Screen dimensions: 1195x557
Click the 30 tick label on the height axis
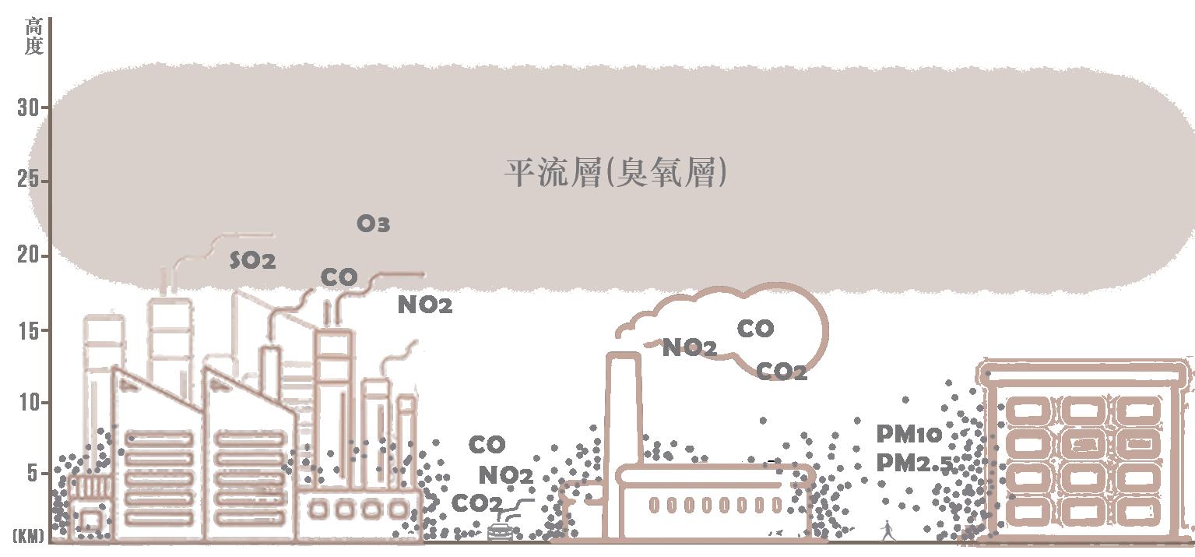27,108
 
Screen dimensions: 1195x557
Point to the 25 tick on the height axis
27,180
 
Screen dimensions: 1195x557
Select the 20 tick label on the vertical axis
27,256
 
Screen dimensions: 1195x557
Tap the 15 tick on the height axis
27,330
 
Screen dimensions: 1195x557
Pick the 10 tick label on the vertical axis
27,403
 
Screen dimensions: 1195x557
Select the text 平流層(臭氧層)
616,173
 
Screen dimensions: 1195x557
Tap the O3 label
373,224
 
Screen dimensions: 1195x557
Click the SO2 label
252,261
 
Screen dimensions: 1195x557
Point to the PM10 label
909,434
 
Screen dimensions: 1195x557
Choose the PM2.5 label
914,464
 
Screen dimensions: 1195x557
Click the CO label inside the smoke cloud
755,329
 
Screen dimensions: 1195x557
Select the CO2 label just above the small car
476,504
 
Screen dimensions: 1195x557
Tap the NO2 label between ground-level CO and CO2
505,475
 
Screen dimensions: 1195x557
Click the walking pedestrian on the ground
887,531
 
